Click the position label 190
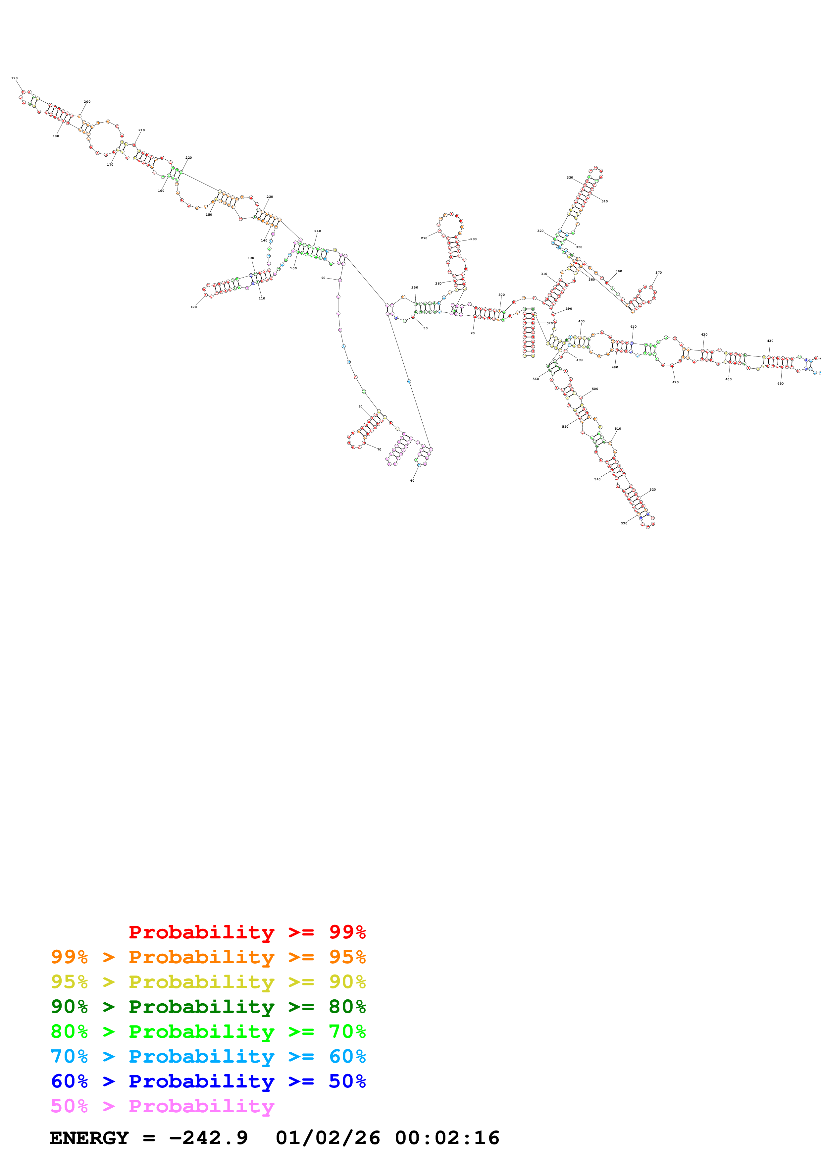coord(14,79)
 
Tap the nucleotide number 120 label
coord(193,307)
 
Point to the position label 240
coord(318,231)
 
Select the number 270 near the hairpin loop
coord(424,238)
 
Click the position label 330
coord(570,178)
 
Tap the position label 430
coord(770,341)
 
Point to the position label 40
coord(412,481)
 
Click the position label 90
coord(323,278)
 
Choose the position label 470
coord(675,382)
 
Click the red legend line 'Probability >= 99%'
coord(247,932)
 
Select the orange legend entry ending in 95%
coord(208,957)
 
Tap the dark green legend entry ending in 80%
coord(208,1007)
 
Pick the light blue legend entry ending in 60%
coord(208,1056)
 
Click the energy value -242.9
coord(208,1138)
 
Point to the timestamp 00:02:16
coord(447,1138)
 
